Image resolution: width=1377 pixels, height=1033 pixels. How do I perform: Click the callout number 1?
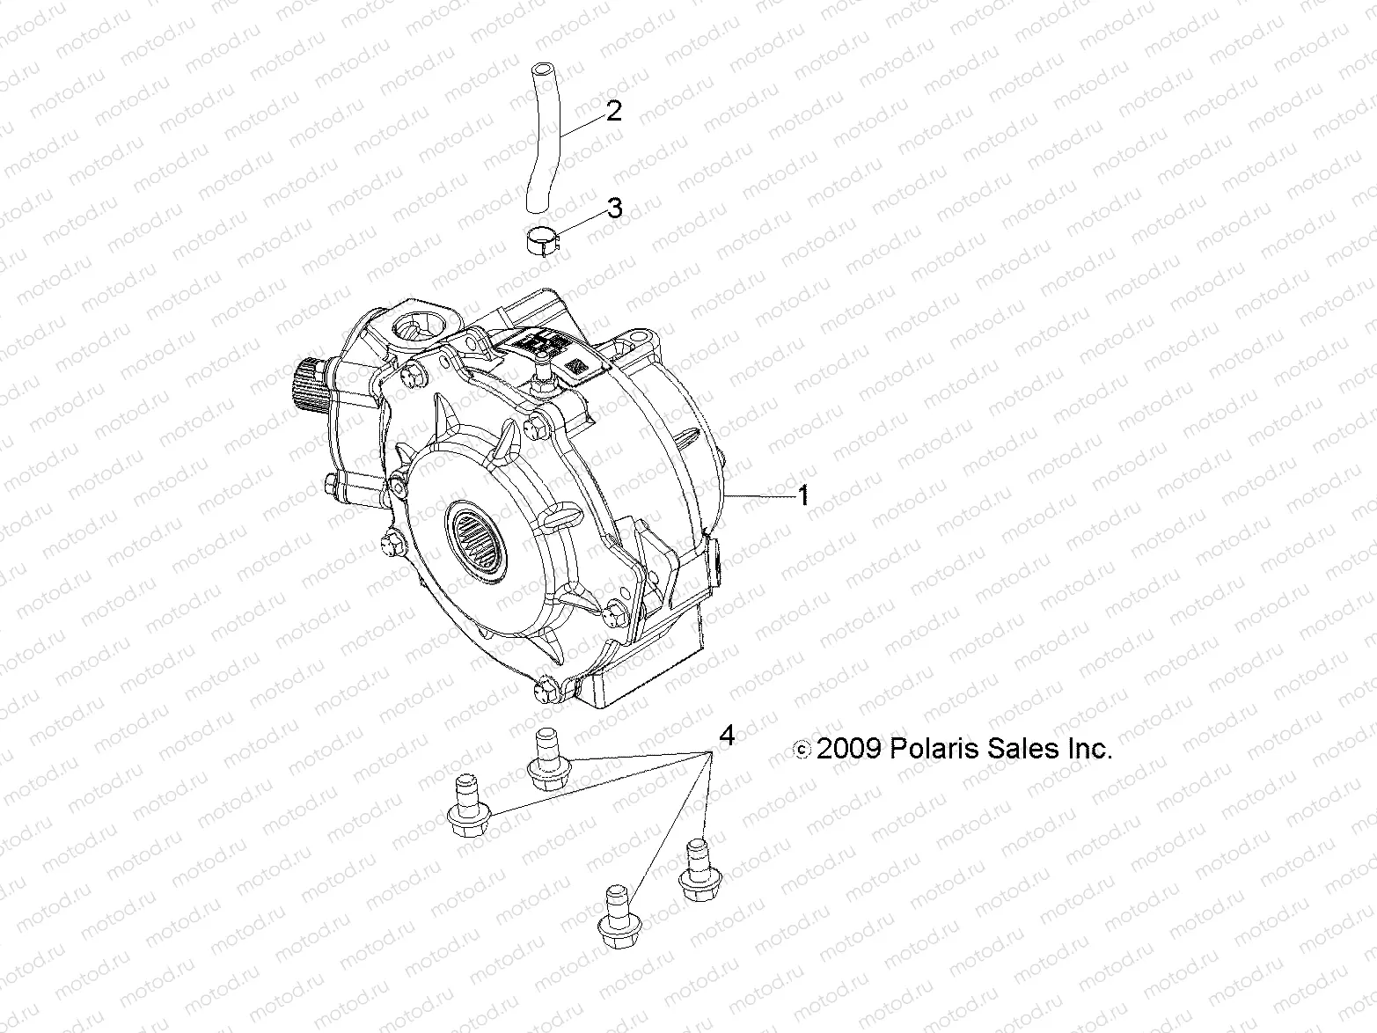802,496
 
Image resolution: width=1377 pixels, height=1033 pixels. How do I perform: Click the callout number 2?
613,111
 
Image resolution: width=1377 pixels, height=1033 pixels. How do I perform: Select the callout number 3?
614,209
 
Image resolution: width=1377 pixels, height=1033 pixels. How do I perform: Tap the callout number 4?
726,735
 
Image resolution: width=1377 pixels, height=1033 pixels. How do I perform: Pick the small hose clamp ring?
541,240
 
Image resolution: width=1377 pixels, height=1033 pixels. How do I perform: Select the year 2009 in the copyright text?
848,749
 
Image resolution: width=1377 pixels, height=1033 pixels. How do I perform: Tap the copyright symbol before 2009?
802,750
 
